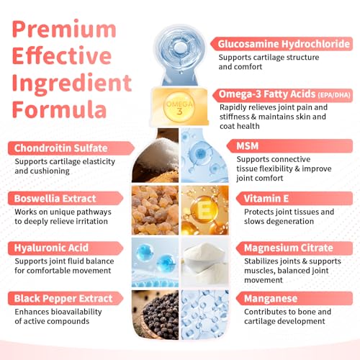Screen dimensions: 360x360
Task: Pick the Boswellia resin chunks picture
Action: point(156,210)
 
